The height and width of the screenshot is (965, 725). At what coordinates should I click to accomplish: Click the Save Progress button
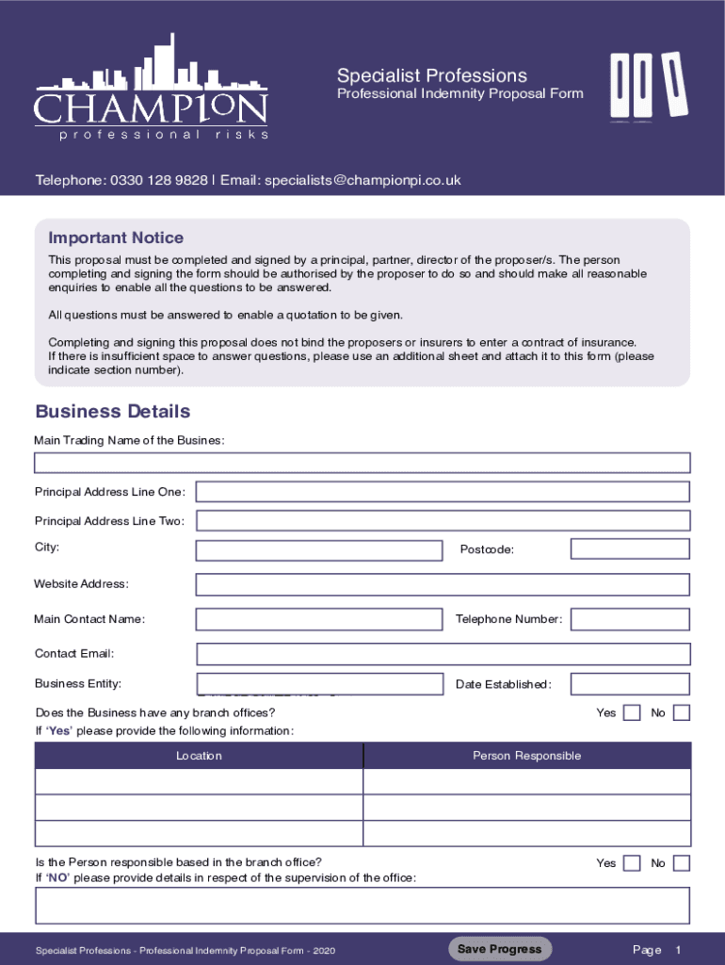pos(500,949)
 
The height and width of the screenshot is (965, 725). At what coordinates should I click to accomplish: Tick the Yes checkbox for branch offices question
pos(633,712)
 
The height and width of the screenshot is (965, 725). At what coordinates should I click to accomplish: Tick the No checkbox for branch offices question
pos(682,712)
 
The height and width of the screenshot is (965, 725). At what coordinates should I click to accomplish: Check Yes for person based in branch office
pos(633,863)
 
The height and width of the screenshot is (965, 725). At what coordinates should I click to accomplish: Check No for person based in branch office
pos(682,863)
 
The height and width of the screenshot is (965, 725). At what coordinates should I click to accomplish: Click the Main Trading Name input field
pos(362,463)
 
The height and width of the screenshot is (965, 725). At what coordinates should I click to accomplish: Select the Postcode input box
pos(630,548)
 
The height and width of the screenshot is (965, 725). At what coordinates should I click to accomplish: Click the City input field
pos(319,550)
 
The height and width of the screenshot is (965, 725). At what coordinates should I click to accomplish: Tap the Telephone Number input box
pos(630,619)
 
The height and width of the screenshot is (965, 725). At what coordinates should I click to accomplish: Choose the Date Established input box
pos(630,684)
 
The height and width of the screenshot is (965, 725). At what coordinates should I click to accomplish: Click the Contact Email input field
pos(443,654)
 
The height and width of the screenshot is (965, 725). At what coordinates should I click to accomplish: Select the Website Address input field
pos(443,584)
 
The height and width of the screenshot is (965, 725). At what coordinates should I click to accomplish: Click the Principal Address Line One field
pos(443,492)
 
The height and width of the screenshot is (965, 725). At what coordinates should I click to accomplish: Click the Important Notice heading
pos(116,237)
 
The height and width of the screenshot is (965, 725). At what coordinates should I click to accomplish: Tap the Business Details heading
pos(112,412)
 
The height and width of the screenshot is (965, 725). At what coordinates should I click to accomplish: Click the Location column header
pos(199,756)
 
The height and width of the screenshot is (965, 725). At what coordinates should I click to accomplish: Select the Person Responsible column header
pos(526,756)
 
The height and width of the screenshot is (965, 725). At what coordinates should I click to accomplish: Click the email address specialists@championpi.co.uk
pos(362,180)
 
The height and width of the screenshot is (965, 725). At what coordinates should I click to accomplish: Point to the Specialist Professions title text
pos(432,75)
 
